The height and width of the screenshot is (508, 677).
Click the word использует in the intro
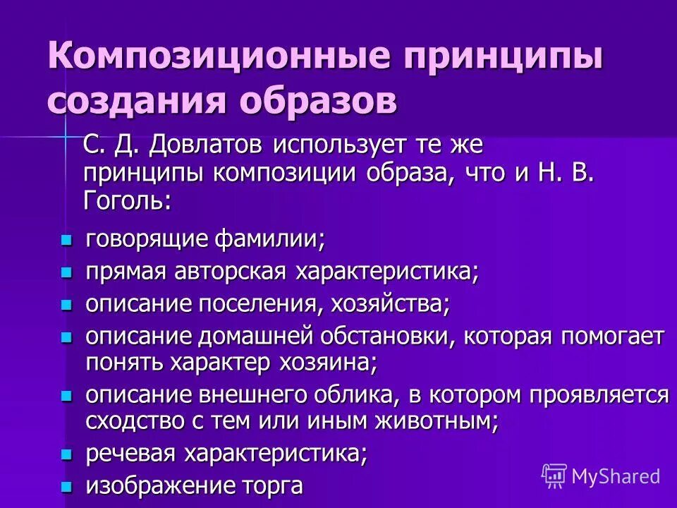click(338, 147)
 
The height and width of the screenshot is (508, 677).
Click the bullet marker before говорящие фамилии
click(67, 241)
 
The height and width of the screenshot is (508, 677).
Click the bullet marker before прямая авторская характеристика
click(67, 272)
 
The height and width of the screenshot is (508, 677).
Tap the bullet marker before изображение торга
click(67, 486)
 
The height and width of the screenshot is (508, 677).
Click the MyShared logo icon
click(554, 476)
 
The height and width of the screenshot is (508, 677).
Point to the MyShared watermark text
click(616, 476)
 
